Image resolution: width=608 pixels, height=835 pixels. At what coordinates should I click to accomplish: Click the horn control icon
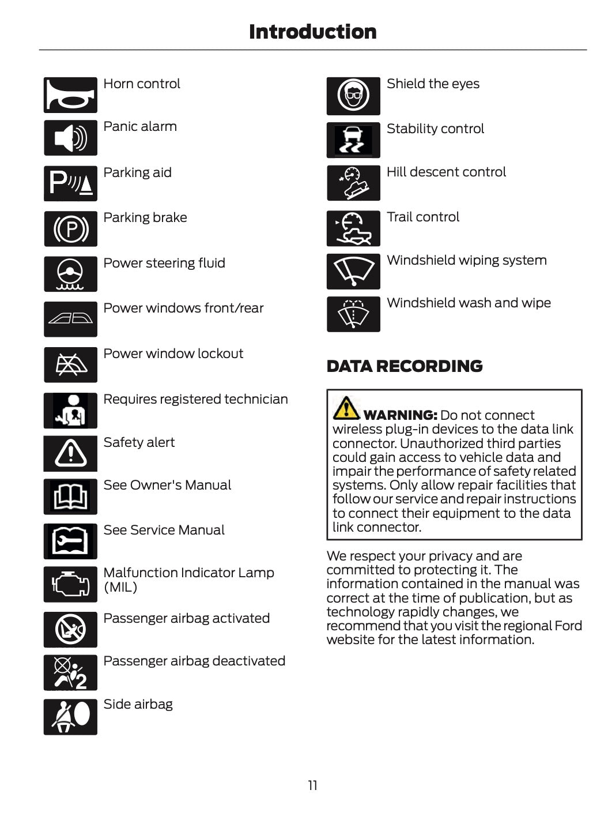(70, 95)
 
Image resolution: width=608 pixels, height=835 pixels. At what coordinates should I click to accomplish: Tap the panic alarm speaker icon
(70, 138)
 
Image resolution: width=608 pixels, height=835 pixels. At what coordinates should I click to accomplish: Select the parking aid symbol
(70, 183)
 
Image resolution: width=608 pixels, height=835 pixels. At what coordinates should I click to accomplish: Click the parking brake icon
(70, 229)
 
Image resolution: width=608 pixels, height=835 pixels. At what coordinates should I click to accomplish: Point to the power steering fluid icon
(70, 274)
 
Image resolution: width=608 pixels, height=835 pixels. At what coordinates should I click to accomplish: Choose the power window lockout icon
(70, 364)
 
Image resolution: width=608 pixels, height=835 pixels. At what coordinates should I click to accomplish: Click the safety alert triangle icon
(70, 454)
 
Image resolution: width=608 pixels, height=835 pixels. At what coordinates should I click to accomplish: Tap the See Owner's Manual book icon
(70, 497)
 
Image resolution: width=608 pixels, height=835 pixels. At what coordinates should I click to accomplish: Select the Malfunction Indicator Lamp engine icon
(70, 584)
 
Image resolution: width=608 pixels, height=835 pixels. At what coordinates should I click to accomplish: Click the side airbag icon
(70, 717)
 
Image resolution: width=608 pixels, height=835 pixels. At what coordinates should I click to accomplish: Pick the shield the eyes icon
(353, 96)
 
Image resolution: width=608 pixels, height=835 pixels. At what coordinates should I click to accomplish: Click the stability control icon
(353, 140)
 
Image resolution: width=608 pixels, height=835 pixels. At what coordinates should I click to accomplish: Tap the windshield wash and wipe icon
(353, 314)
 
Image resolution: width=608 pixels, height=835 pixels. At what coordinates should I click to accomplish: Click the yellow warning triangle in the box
(346, 408)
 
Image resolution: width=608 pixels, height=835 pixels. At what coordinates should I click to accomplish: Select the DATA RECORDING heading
(405, 366)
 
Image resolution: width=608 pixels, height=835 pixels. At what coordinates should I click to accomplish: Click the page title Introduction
(312, 32)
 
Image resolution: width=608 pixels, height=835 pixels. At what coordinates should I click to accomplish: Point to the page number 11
(312, 785)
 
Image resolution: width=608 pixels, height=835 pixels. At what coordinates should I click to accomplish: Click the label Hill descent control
(446, 172)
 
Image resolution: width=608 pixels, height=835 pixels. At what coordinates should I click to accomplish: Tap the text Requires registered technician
(195, 399)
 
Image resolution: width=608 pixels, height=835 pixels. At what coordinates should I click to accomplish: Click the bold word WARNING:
(401, 415)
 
